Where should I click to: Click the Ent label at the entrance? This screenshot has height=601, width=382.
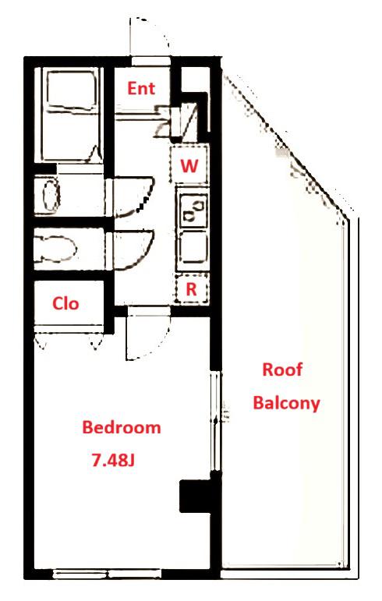[x=141, y=89]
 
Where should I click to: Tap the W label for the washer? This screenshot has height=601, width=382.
[x=189, y=166]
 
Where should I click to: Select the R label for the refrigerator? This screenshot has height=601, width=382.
[x=191, y=289]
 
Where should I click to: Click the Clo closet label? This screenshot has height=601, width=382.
[x=65, y=303]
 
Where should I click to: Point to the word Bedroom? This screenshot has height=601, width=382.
[x=122, y=427]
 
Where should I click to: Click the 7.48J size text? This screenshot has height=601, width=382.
[x=113, y=460]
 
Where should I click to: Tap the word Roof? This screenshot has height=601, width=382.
[x=282, y=369]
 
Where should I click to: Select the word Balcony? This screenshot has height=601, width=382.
[x=286, y=403]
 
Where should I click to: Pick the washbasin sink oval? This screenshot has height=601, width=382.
[x=51, y=195]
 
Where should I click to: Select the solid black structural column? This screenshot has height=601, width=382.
[x=196, y=496]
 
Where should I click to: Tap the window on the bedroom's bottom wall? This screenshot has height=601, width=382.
[x=108, y=574]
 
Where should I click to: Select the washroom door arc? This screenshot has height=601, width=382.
[x=134, y=196]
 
